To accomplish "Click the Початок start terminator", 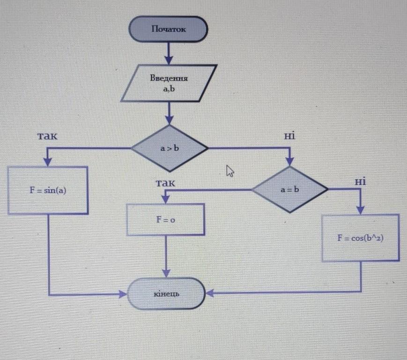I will [168, 29].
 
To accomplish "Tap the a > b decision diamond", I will [169, 149].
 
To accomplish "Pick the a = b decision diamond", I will [290, 190].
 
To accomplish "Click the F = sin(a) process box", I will [48, 190].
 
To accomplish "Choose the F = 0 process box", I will [166, 219].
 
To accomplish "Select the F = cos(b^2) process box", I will [361, 238].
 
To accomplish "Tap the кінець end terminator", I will [166, 294].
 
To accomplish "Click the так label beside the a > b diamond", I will [47, 136].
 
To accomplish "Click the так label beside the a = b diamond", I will [165, 183].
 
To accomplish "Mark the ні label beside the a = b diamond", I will [360, 181].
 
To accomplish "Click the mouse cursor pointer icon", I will [230, 172].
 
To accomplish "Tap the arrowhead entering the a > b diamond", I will [169, 120].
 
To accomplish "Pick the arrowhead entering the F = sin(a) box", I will [48, 162].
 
